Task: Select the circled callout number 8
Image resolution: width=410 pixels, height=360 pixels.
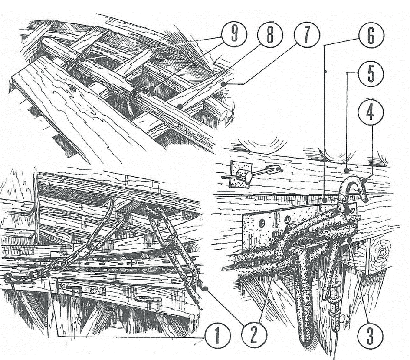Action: (x=270, y=35)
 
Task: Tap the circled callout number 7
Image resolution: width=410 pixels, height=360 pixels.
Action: (x=306, y=35)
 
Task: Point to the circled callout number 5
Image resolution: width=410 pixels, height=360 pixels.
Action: (x=371, y=74)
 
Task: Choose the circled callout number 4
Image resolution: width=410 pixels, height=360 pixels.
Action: (x=370, y=112)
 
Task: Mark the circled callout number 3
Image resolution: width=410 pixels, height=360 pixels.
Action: (x=370, y=335)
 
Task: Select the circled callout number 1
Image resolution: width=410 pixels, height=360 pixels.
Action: (x=218, y=335)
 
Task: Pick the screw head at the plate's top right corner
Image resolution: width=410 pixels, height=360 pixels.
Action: (x=352, y=210)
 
